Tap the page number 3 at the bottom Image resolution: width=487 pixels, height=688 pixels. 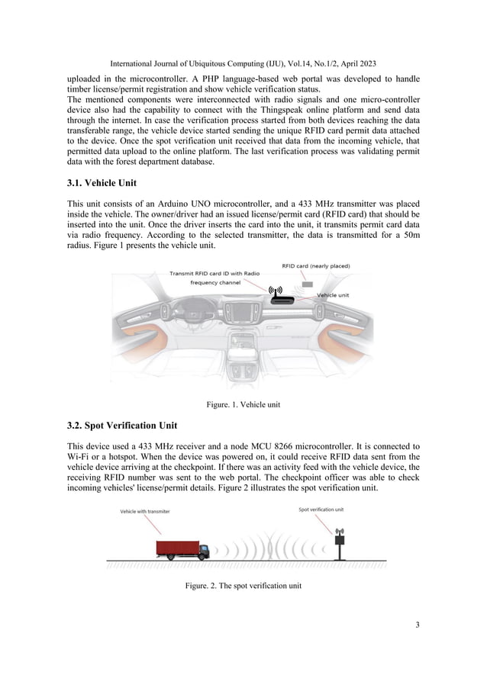pos(417,625)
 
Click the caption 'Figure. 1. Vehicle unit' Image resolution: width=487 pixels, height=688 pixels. pos(243,404)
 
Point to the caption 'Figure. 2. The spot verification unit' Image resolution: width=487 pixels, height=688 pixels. pos(243,586)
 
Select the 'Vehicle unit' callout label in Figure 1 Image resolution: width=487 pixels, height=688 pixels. pos(334,294)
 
